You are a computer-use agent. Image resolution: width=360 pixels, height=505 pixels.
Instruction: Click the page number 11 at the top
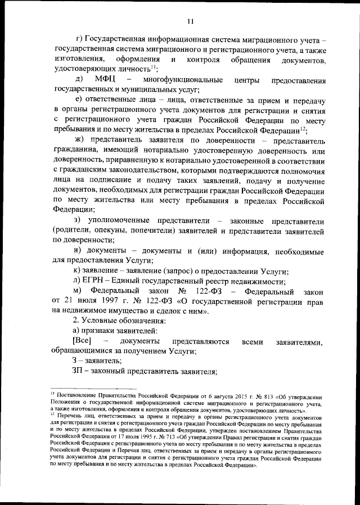(x=191, y=21)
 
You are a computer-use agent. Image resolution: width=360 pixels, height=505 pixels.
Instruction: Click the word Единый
(x=127, y=282)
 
